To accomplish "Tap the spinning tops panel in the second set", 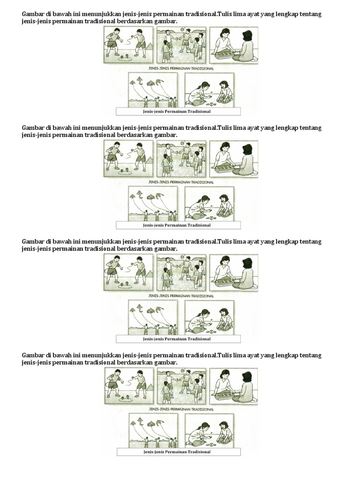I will pyautogui.click(x=128, y=158).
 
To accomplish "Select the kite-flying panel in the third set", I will pyautogui.click(x=153, y=317).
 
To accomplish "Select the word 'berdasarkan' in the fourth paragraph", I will pyautogui.click(x=135, y=363).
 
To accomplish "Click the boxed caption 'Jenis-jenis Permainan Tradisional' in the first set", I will pyautogui.click(x=178, y=112).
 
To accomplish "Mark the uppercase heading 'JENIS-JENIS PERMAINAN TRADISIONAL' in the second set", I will pyautogui.click(x=181, y=182).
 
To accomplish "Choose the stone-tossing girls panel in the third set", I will pyautogui.click(x=209, y=317).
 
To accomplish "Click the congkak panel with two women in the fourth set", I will pyautogui.click(x=233, y=386).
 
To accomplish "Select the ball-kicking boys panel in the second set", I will pyautogui.click(x=181, y=158).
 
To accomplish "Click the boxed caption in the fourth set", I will pyautogui.click(x=178, y=452).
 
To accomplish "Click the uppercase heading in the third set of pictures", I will pyautogui.click(x=181, y=296).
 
